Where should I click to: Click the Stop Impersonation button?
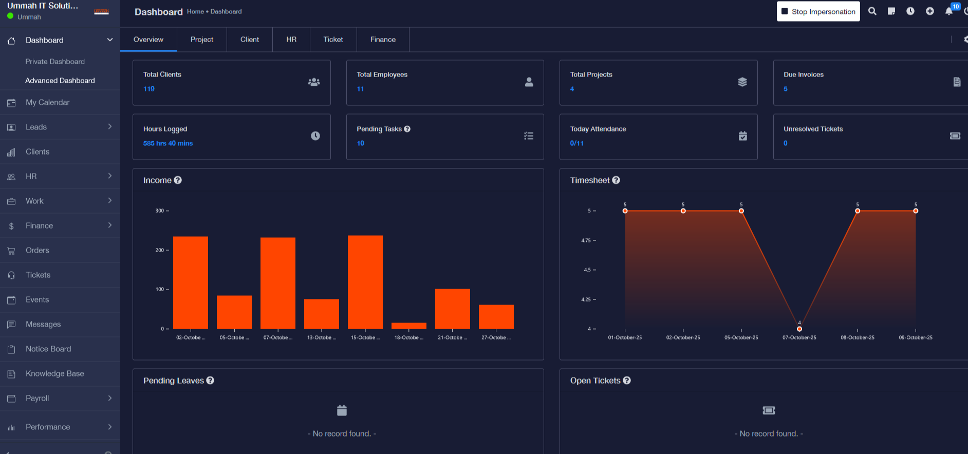tap(818, 11)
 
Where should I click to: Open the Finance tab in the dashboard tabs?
tap(383, 40)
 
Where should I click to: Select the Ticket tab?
tap(333, 40)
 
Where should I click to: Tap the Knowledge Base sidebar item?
tap(54, 373)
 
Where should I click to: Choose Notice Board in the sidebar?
tap(48, 349)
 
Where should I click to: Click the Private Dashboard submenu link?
tap(55, 62)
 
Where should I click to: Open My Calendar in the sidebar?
tap(47, 102)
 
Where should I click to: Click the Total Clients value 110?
tap(149, 89)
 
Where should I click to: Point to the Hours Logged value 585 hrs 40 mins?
tap(168, 143)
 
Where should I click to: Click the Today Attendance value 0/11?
tap(576, 143)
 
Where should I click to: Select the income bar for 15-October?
tap(365, 282)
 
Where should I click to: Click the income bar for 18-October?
tap(409, 326)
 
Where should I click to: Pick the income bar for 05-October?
tap(234, 312)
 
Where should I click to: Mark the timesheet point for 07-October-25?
tap(799, 329)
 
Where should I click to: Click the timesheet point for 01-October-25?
tap(625, 211)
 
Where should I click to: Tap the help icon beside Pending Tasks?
tap(407, 129)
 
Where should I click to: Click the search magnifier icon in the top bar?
tap(872, 11)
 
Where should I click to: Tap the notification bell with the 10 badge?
tap(949, 11)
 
